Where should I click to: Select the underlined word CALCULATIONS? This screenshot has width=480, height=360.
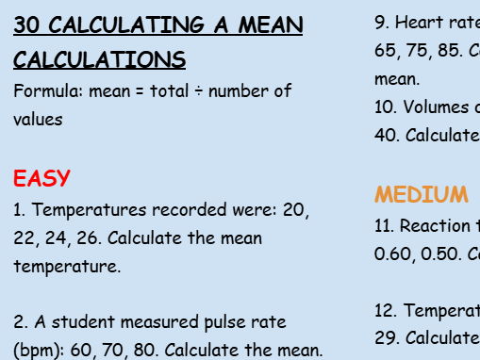99,60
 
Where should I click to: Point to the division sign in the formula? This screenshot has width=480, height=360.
205,91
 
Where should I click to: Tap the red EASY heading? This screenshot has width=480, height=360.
42,178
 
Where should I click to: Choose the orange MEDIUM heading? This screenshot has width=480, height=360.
421,195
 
